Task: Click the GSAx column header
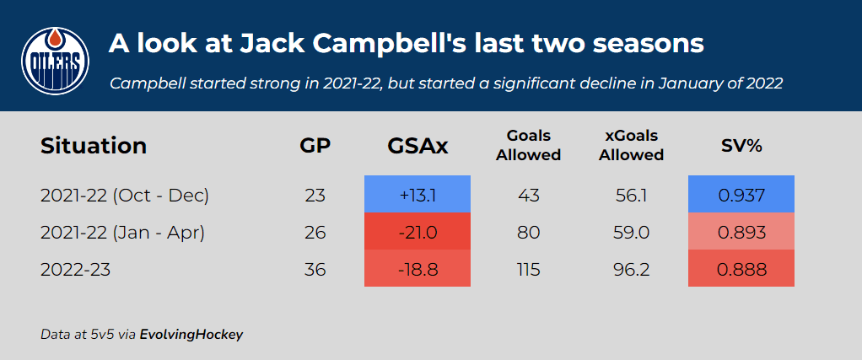[x=418, y=146]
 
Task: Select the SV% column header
[x=741, y=146]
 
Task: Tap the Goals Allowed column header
[x=528, y=145]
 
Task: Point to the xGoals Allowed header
[x=632, y=145]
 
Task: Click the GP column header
[x=315, y=146]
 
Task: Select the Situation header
[x=94, y=146]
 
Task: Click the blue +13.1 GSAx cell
[x=418, y=195]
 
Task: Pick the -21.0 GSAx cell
[x=418, y=232]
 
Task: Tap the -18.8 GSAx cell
[x=418, y=269]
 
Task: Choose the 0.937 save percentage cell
[x=741, y=195]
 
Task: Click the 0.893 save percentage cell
[x=741, y=232]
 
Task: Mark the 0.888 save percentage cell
[x=741, y=269]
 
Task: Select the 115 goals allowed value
[x=528, y=270]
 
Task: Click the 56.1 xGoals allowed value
[x=633, y=196]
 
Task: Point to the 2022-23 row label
[x=76, y=270]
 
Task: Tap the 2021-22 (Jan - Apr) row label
[x=123, y=233]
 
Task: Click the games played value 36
[x=315, y=270]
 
